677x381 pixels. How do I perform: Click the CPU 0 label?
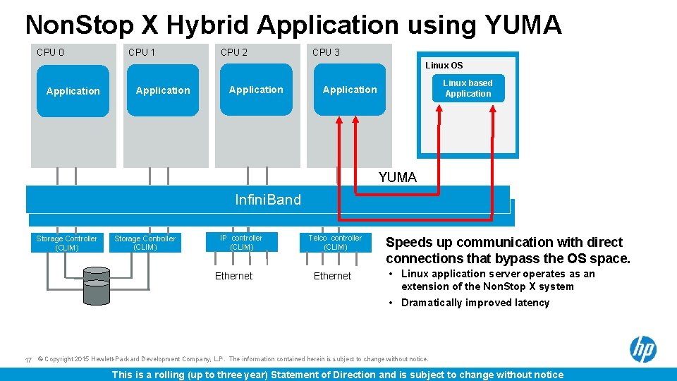click(x=50, y=52)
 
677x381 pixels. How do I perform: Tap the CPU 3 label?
click(x=326, y=52)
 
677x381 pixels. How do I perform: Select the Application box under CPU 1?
click(x=163, y=90)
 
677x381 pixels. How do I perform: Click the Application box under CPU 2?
click(x=256, y=90)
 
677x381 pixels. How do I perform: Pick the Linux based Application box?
click(x=468, y=88)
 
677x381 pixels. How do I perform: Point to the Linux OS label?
click(x=444, y=66)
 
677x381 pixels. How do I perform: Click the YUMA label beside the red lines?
click(x=397, y=178)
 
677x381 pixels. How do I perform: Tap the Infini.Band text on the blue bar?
click(x=268, y=200)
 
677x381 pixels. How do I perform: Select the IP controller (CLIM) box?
click(x=241, y=243)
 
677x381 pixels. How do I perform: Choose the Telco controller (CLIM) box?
click(x=335, y=243)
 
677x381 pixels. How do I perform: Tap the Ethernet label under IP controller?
click(x=233, y=276)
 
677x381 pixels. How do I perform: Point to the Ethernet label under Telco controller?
click(x=332, y=276)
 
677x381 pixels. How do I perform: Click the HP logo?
click(x=642, y=349)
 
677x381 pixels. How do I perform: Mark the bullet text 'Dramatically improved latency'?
click(x=475, y=303)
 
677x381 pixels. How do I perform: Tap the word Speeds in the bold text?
click(x=410, y=242)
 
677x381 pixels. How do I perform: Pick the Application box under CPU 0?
click(x=73, y=91)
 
